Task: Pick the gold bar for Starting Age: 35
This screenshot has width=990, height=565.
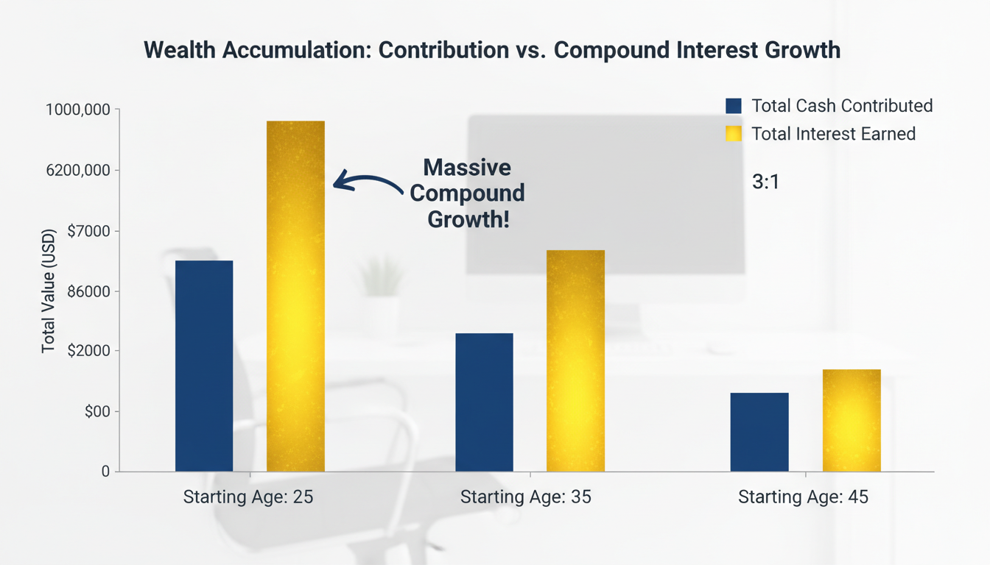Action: pos(575,360)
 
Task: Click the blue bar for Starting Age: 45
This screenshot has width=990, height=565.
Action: pos(759,432)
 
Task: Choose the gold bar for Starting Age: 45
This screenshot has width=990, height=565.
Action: pos(852,420)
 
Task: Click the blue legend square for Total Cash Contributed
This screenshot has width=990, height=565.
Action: pos(733,106)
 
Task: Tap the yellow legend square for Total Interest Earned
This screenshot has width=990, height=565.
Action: pos(733,134)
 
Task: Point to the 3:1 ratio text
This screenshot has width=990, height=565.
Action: pos(765,182)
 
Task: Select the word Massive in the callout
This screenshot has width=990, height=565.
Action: pos(467,168)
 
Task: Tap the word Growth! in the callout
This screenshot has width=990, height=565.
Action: pos(467,219)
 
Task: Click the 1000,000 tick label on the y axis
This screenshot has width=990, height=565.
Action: pos(78,110)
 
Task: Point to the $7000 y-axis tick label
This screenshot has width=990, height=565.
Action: pos(88,231)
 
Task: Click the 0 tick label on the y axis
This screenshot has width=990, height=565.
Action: pos(105,472)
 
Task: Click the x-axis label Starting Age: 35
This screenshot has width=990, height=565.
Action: pos(525,497)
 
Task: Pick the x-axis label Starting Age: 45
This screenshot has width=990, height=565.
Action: pos(803,497)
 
